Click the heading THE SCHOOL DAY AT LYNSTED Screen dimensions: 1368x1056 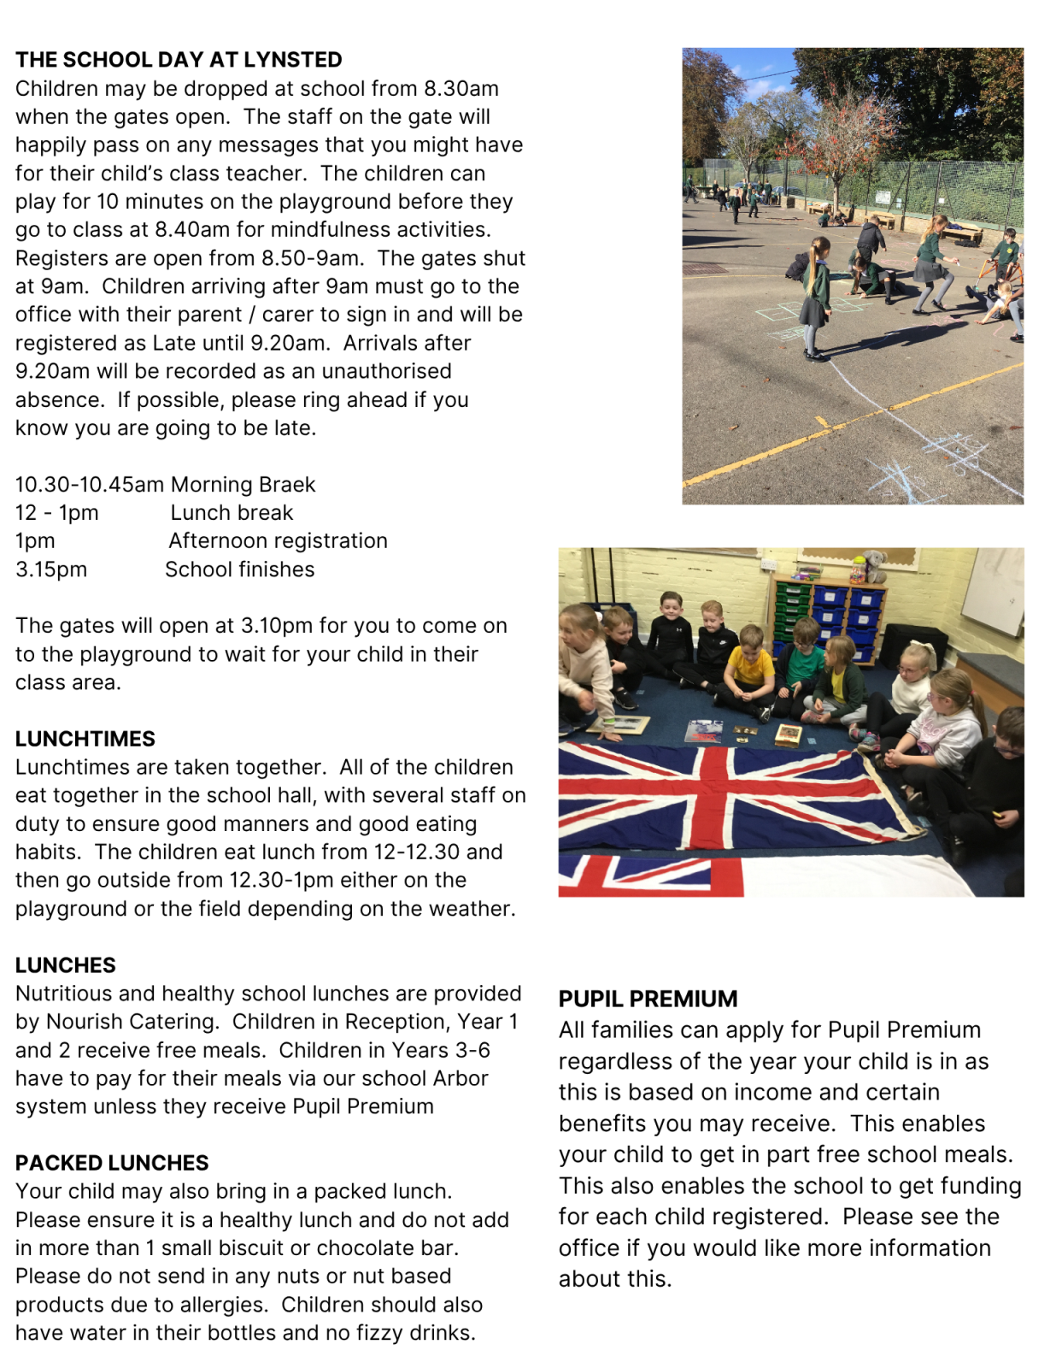click(179, 60)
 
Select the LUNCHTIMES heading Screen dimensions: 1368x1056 click(85, 739)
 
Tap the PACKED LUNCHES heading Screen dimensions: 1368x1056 click(112, 1163)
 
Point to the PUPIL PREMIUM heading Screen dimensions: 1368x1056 click(648, 999)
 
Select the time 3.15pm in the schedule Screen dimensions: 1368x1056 click(51, 569)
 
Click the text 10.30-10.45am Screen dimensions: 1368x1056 click(90, 485)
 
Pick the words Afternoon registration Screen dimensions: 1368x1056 click(278, 541)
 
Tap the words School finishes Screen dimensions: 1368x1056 click(239, 569)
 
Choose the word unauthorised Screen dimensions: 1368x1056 click(386, 371)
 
